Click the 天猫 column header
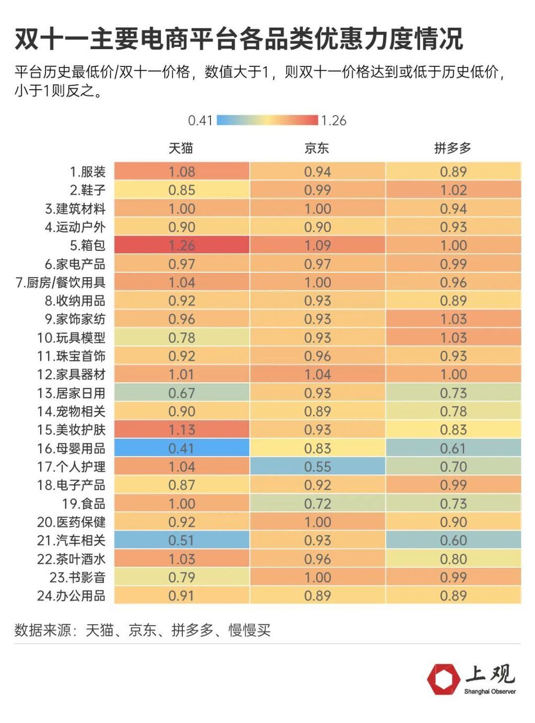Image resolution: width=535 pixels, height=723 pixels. click(x=181, y=148)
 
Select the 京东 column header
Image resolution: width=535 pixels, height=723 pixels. click(x=317, y=148)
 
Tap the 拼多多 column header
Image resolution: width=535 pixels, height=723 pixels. click(x=452, y=148)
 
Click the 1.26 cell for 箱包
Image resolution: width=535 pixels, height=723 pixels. click(x=182, y=245)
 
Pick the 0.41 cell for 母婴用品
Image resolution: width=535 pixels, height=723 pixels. click(x=182, y=448)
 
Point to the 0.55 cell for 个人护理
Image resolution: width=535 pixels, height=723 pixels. click(x=318, y=466)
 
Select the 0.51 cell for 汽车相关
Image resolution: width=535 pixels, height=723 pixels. click(x=182, y=540)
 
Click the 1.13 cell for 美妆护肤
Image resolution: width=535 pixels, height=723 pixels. click(x=182, y=430)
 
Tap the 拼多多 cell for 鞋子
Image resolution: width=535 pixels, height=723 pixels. click(x=453, y=190)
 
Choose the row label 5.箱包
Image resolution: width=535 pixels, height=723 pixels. click(x=88, y=245)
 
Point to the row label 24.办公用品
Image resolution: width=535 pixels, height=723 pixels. click(x=71, y=595)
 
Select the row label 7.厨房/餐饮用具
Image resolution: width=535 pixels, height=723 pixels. click(x=61, y=282)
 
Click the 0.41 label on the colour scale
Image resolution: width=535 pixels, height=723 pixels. click(x=200, y=121)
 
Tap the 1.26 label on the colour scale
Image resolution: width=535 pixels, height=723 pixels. click(x=334, y=121)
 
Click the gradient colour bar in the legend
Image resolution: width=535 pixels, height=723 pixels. click(x=267, y=120)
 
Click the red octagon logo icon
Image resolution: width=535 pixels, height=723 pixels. click(x=443, y=679)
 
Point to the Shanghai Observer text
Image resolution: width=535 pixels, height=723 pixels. click(x=490, y=692)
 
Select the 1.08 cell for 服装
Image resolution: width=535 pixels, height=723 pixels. click(x=182, y=171)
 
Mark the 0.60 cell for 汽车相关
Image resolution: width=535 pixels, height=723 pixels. click(x=453, y=540)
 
